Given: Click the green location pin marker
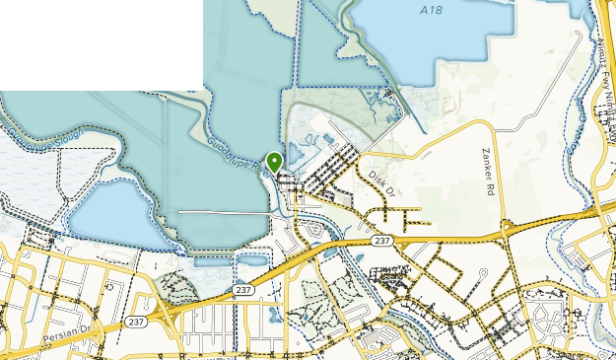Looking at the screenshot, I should pyautogui.click(x=275, y=162).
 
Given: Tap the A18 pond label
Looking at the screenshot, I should pyautogui.click(x=429, y=10).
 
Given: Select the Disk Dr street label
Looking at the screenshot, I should pyautogui.click(x=379, y=180).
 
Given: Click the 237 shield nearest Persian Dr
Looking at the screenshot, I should pyautogui.click(x=136, y=322).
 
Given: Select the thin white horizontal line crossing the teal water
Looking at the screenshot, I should pyautogui.click(x=222, y=212).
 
